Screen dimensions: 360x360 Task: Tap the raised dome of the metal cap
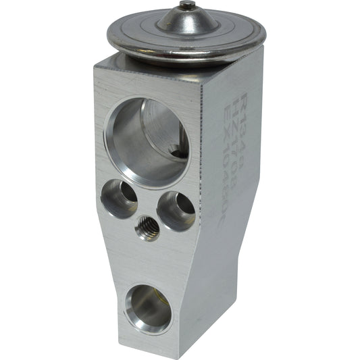(187, 21)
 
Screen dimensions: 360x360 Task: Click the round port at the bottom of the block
(148, 308)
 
